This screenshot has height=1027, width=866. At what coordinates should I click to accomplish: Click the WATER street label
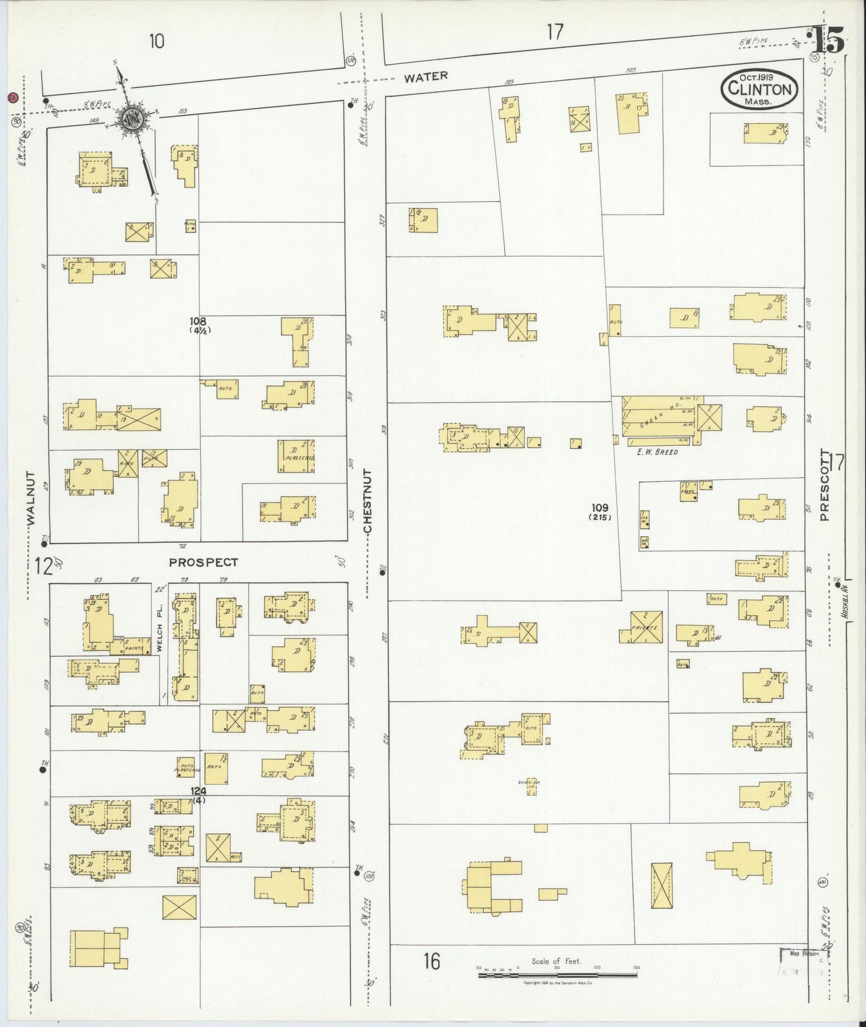click(425, 77)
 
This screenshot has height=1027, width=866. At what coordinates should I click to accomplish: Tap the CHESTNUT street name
click(367, 501)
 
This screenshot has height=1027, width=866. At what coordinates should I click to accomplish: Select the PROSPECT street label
click(203, 562)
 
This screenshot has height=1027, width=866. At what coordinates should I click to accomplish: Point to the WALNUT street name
click(31, 499)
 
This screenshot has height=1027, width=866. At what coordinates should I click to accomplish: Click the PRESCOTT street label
click(825, 485)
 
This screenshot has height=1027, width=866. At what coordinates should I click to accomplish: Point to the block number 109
click(599, 508)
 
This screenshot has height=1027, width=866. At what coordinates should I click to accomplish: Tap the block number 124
click(198, 791)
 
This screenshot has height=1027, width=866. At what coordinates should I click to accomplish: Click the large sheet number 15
click(829, 41)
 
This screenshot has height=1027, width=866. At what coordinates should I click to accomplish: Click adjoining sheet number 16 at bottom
click(432, 961)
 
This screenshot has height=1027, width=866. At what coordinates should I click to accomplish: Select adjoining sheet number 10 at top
click(156, 41)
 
